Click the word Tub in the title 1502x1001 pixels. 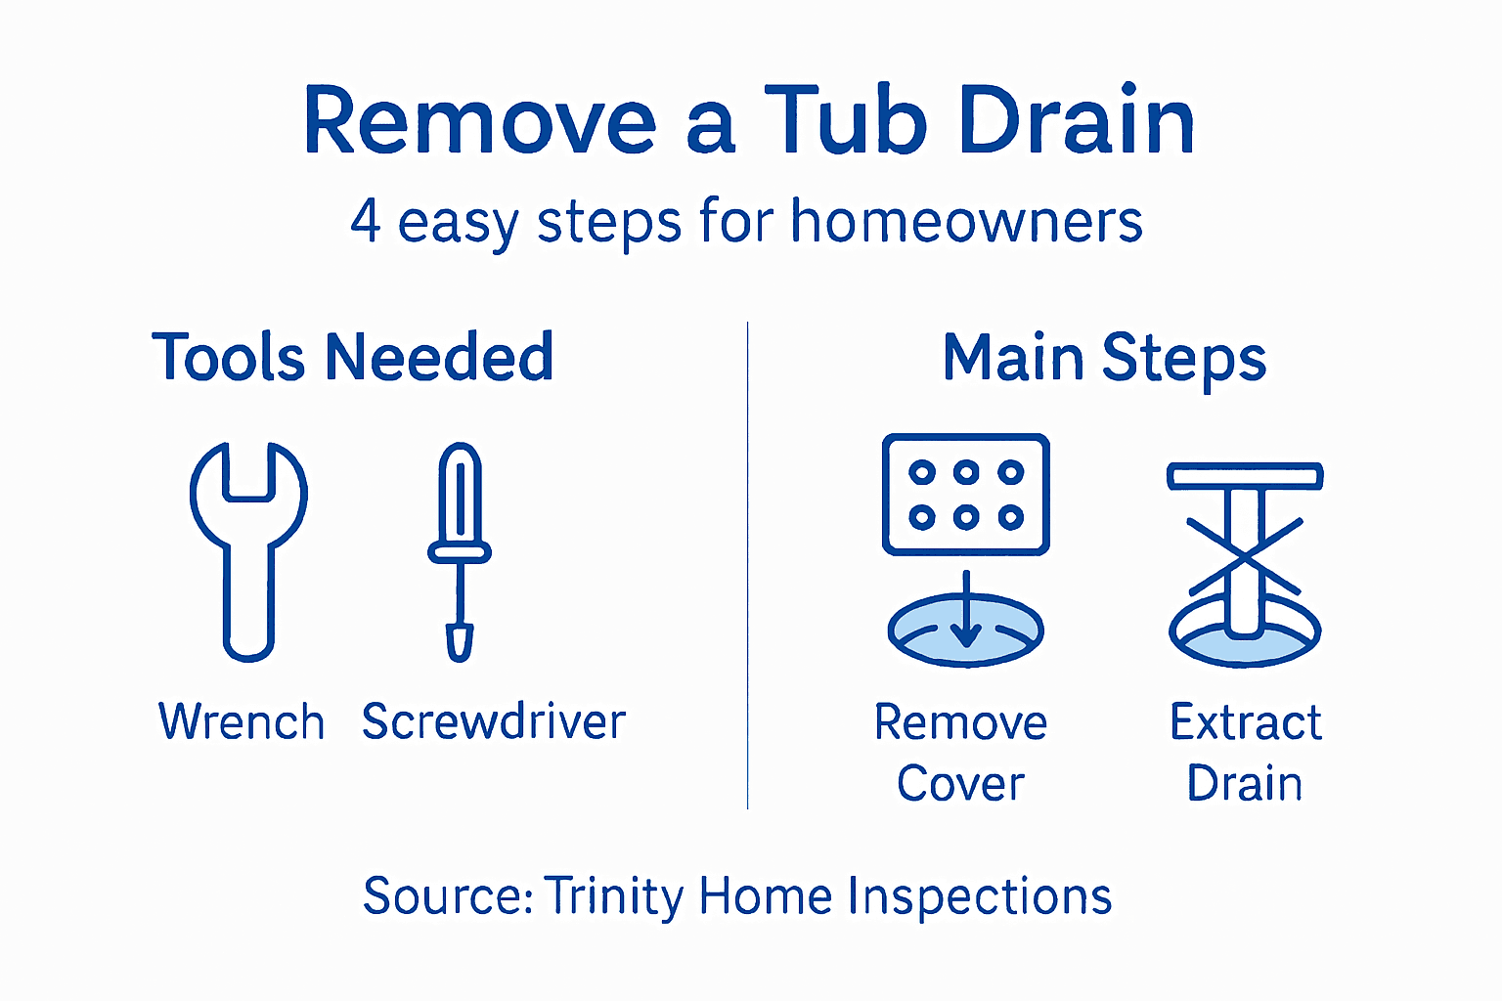pyautogui.click(x=845, y=121)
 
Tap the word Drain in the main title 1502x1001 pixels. pyautogui.click(x=1077, y=121)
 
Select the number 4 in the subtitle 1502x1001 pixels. pyautogui.click(x=365, y=221)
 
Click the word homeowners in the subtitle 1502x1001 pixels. pyautogui.click(x=966, y=222)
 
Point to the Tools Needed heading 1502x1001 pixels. pyautogui.click(x=353, y=357)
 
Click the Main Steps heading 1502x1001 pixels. pyautogui.click(x=1104, y=359)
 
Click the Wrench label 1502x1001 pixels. pyautogui.click(x=241, y=722)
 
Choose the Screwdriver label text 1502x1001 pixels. pyautogui.click(x=494, y=722)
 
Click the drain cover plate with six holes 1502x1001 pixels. pyautogui.click(x=965, y=495)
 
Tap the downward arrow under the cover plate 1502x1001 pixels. pyautogui.click(x=966, y=611)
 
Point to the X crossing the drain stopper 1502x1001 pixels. pyautogui.click(x=1244, y=556)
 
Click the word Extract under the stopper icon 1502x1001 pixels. pyautogui.click(x=1246, y=722)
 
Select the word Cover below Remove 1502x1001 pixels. pyautogui.click(x=960, y=784)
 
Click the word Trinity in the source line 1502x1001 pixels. pyautogui.click(x=615, y=896)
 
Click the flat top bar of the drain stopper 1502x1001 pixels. pyautogui.click(x=1245, y=477)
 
